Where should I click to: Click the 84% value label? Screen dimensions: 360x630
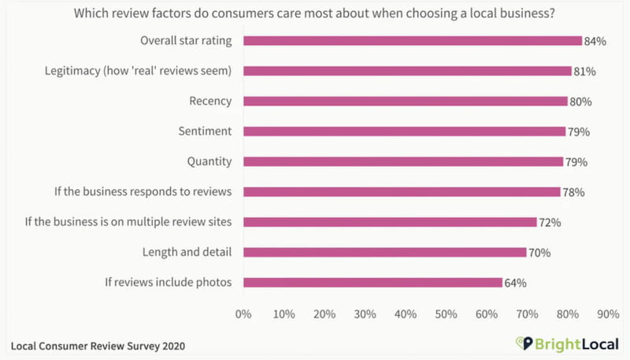594,41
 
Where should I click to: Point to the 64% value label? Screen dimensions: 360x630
516,283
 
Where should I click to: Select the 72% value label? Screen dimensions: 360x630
550,223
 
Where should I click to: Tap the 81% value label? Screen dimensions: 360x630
584,72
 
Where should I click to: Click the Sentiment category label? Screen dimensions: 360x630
205,132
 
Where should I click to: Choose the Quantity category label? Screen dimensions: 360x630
209,161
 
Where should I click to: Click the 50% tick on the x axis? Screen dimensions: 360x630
446,314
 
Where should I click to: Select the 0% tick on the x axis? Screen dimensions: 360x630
243,314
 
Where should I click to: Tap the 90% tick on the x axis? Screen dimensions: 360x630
608,314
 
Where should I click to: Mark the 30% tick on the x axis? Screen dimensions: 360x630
365,314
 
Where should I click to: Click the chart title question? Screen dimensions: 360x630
315,13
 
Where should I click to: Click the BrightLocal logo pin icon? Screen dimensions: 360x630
520,344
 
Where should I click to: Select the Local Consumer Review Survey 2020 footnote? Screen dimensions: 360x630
98,345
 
